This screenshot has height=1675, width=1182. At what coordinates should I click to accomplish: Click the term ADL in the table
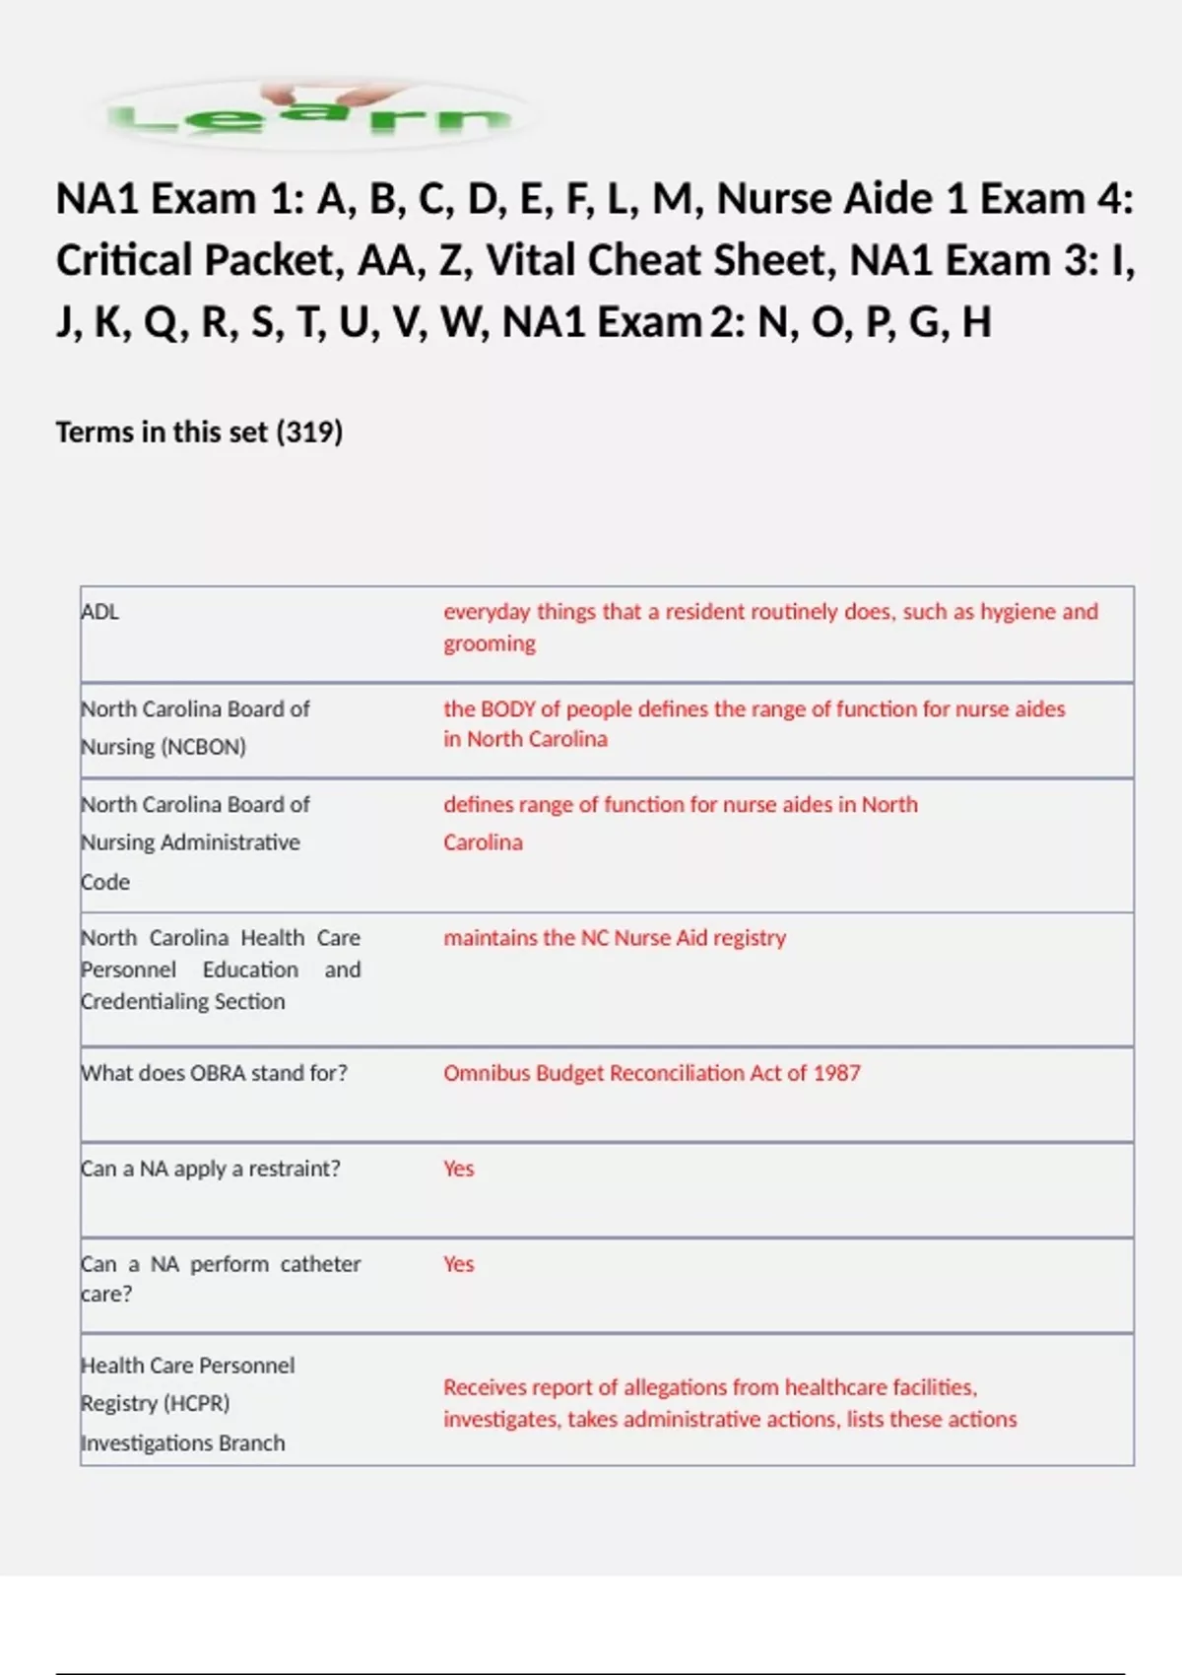[x=100, y=612]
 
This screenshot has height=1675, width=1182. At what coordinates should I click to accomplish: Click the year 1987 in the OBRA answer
[x=836, y=1073]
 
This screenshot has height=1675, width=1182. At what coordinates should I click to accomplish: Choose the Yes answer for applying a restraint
[x=459, y=1169]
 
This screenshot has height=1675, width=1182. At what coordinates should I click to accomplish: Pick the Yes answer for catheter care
[x=459, y=1264]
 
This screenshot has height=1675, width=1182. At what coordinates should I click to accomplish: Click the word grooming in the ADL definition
[x=490, y=644]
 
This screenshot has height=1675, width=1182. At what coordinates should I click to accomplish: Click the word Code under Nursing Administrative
[x=105, y=882]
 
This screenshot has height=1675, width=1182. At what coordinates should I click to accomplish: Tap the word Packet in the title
[x=276, y=261]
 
